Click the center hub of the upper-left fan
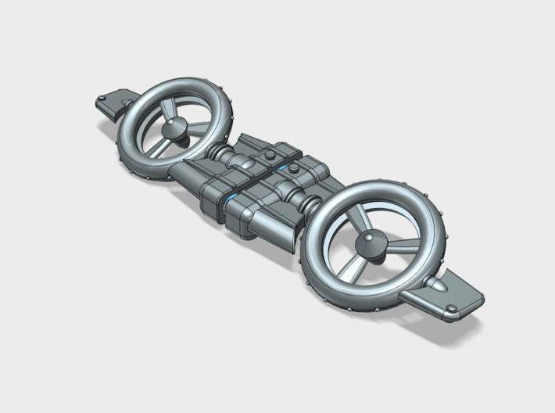[175, 127]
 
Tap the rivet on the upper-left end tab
[126, 102]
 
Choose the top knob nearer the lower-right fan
[293, 167]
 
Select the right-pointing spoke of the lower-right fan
[403, 249]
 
